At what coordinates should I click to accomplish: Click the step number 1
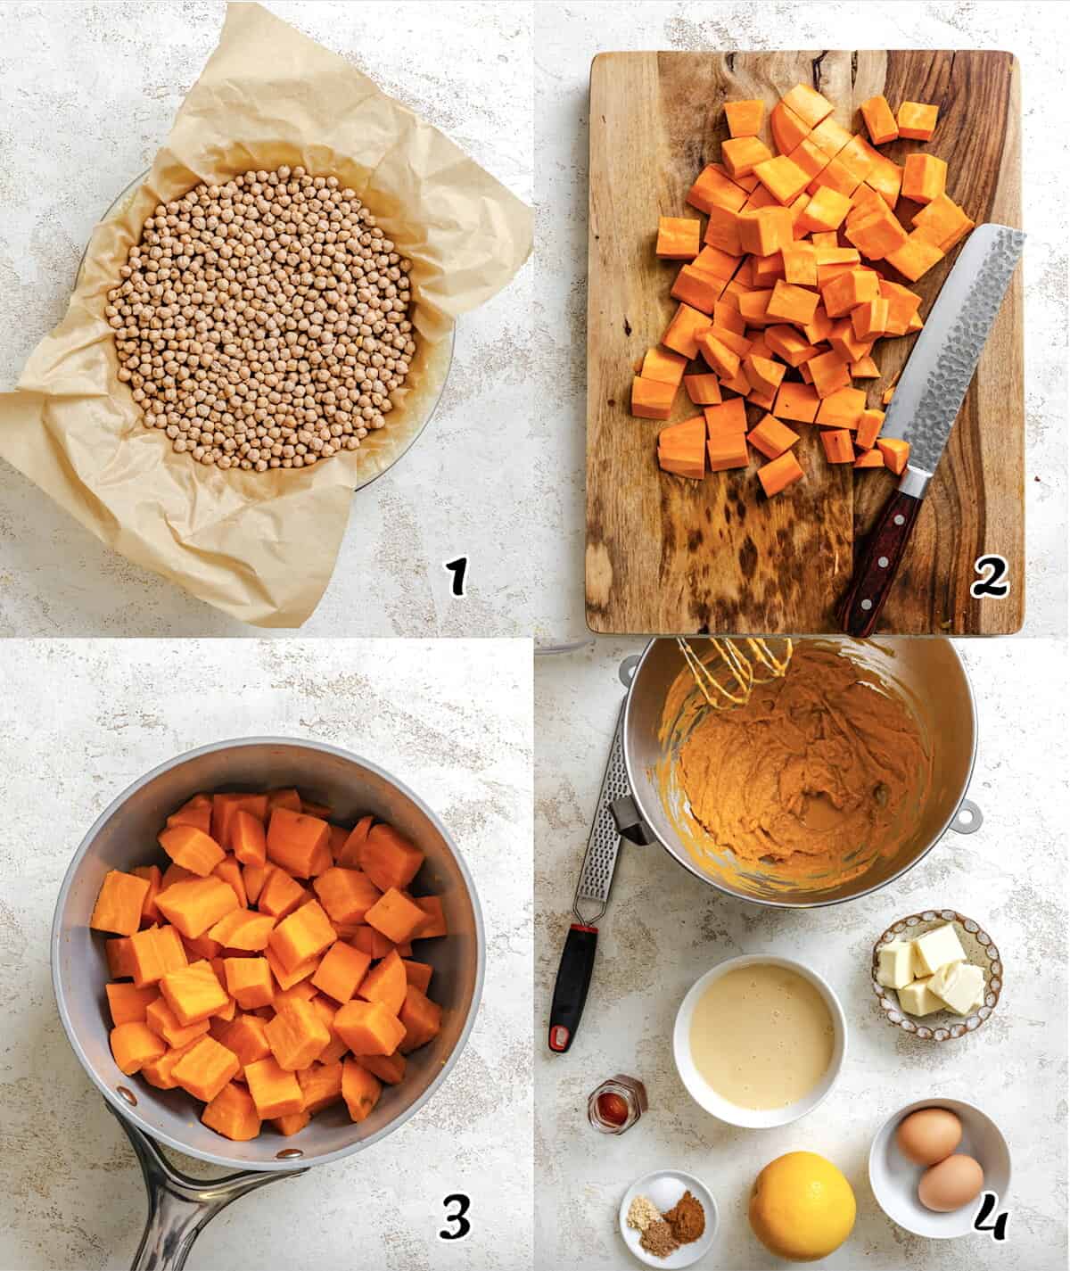point(457,577)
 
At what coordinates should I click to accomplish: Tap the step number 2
point(989,578)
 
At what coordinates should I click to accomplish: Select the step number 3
point(455,1216)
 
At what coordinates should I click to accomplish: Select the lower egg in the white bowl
point(951,1182)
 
